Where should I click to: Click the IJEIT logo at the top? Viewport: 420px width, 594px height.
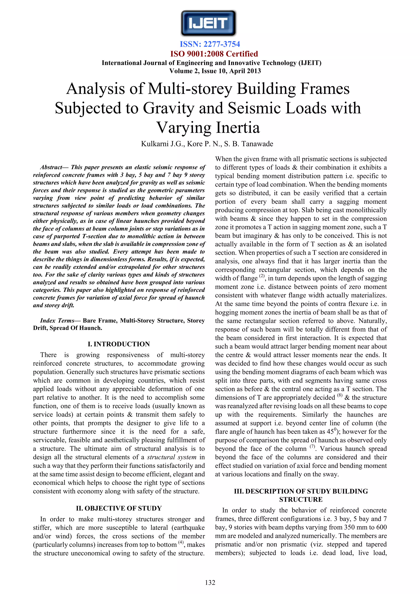pos(208,23)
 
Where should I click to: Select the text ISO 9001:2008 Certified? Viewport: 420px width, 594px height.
pos(214,54)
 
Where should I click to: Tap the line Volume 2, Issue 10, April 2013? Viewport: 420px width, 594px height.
pos(215,71)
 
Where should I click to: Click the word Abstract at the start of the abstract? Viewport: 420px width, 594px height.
pos(51,167)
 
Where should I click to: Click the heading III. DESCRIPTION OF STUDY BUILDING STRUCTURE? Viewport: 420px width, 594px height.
pos(301,495)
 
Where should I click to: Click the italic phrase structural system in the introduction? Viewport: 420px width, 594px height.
pos(171,457)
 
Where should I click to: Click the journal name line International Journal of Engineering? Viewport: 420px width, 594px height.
pos(211,63)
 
